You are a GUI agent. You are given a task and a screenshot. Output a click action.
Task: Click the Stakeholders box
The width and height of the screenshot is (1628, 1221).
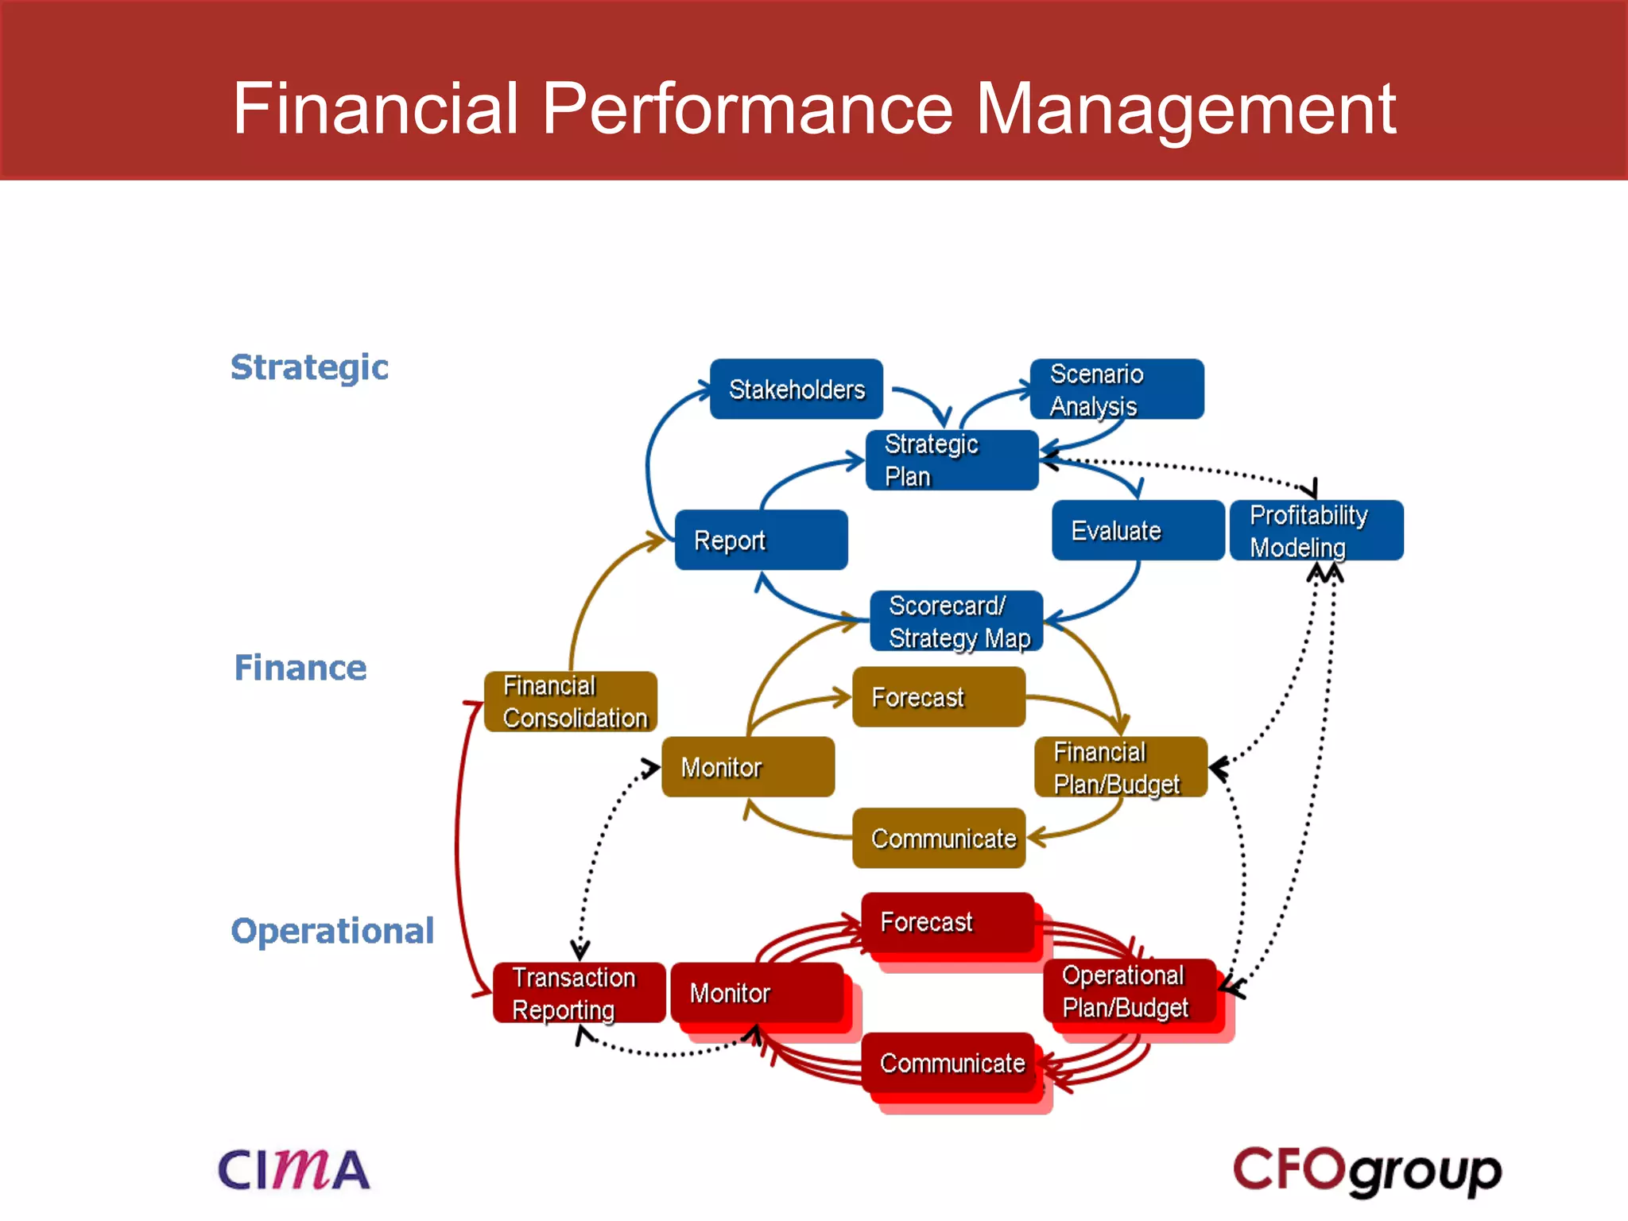pos(796,389)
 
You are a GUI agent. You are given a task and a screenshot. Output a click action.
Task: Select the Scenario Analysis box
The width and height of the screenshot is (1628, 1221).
pos(1116,389)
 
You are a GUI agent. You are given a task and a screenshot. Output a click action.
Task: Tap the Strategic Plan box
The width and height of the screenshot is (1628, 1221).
pos(952,460)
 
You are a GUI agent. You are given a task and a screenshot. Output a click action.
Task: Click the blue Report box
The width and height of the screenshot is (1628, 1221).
pos(761,540)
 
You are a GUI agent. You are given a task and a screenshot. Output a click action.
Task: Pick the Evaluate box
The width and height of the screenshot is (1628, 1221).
pos(1138,530)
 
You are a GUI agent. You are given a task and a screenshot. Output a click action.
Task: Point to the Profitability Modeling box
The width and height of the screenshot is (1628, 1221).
pos(1316,530)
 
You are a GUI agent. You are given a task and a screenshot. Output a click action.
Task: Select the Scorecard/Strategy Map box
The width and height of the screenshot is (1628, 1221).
pos(956,621)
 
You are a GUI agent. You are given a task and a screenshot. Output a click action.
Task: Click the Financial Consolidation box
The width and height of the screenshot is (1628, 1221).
pos(570,701)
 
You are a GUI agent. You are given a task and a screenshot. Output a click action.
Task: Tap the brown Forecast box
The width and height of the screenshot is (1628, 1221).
pos(938,697)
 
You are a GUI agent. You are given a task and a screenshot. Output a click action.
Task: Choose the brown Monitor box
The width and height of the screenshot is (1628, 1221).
pos(747,767)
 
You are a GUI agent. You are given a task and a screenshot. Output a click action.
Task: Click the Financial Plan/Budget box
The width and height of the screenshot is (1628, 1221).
pos(1120,767)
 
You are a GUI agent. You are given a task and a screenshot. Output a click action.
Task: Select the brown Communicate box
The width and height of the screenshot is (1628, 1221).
pos(938,838)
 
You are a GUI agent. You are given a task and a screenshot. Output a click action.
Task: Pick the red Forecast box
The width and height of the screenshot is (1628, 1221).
pos(947,922)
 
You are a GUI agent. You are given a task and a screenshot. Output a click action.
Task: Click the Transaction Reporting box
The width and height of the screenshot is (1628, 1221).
pos(578,993)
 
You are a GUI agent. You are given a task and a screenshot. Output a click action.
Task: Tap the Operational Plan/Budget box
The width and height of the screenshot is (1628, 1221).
pos(1129,991)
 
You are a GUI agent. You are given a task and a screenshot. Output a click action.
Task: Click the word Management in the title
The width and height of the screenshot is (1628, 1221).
pos(1184,109)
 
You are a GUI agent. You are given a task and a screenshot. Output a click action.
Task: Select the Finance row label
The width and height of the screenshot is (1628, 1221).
pos(300,668)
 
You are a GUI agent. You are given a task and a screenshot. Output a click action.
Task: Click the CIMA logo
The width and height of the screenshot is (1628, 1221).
pos(293,1169)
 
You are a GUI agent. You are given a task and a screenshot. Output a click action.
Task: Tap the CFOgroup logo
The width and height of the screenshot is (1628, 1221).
pos(1366,1171)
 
